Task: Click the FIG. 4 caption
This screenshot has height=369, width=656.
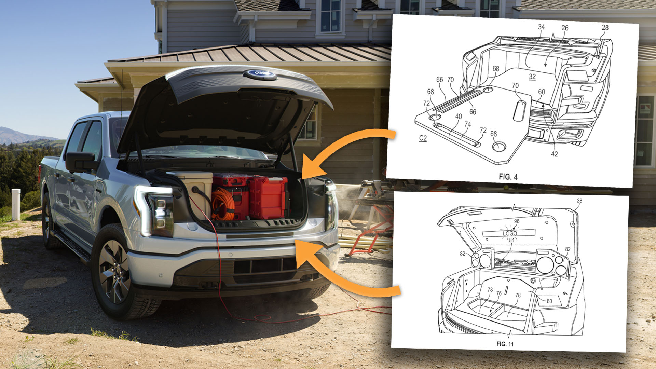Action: point(508,177)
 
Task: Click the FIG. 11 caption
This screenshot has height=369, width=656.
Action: point(505,344)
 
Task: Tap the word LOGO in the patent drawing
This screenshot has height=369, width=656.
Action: point(510,233)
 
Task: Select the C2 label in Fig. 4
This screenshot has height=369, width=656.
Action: point(423,138)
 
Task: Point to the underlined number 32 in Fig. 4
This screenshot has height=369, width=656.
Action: point(532,77)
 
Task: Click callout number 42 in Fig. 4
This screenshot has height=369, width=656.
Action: point(554,154)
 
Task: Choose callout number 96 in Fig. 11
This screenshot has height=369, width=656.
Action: point(517,221)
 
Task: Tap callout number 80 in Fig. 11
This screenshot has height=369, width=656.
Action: point(549,301)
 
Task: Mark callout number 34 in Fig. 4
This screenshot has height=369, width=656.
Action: point(541,27)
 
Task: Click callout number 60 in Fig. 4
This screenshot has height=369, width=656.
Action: point(542,92)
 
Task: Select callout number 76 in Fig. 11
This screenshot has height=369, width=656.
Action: point(499,293)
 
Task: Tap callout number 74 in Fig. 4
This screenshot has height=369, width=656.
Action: point(467,124)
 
